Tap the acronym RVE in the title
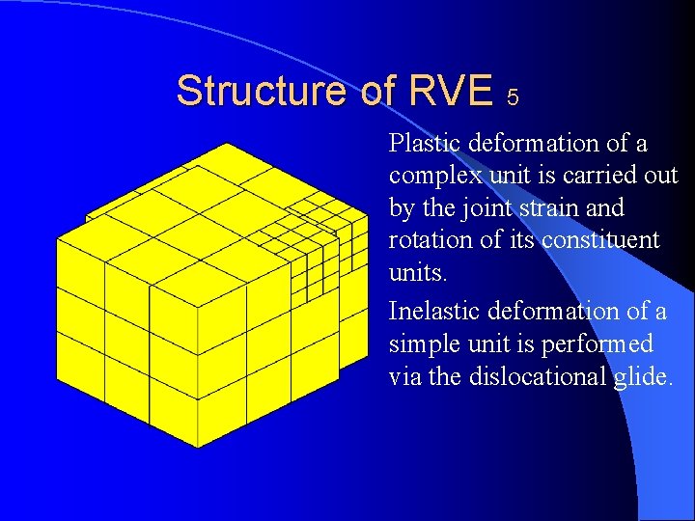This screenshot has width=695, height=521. pyautogui.click(x=451, y=92)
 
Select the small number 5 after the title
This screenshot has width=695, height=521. pyautogui.click(x=513, y=97)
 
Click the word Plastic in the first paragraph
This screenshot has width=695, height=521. pyautogui.click(x=425, y=144)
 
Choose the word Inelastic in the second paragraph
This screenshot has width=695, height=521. pyautogui.click(x=433, y=312)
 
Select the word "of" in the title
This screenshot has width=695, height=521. pyautogui.click(x=373, y=92)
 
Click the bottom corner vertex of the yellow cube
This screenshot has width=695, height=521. pyautogui.click(x=199, y=447)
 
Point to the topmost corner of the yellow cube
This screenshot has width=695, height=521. pyautogui.click(x=224, y=144)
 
